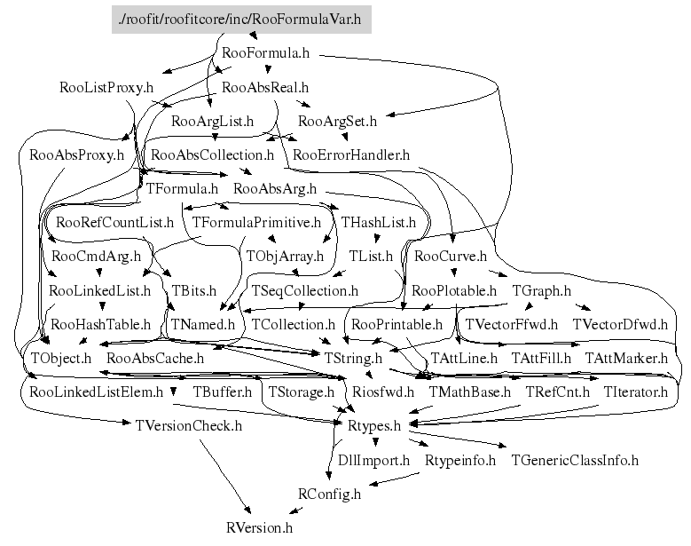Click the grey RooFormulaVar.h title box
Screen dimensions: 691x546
tap(241, 20)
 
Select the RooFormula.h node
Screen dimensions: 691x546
tap(266, 53)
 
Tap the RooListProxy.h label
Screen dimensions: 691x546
tap(106, 87)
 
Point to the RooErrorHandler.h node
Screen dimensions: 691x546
tap(351, 154)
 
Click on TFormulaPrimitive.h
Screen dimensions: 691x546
tap(256, 222)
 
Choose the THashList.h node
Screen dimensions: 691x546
tap(379, 222)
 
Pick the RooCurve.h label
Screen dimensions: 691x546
tap(451, 257)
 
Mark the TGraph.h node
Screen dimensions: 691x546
tap(542, 290)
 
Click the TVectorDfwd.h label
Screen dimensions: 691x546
tap(620, 325)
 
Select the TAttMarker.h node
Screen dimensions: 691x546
tap(626, 358)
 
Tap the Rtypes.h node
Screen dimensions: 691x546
tap(374, 426)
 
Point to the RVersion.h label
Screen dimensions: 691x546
tap(259, 527)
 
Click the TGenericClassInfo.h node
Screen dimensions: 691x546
tap(575, 460)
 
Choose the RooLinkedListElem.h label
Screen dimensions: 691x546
tap(96, 392)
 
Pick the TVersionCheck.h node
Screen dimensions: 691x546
tap(189, 426)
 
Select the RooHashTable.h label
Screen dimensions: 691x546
tap(100, 325)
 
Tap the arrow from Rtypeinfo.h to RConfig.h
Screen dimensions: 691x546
tap(394, 479)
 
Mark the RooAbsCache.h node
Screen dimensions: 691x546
tap(155, 358)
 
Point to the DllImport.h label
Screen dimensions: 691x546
tap(373, 460)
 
